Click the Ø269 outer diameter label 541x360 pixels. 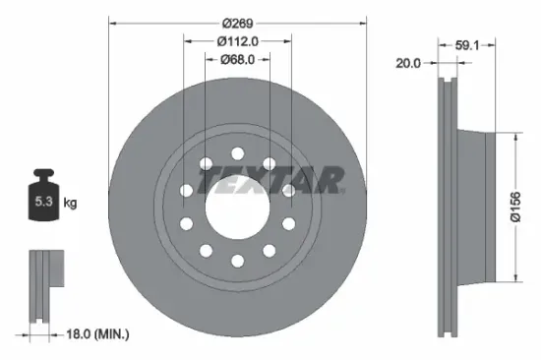click(237, 23)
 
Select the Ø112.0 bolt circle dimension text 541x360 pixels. click(237, 41)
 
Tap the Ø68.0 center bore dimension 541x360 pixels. click(237, 59)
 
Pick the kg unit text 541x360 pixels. click(70, 204)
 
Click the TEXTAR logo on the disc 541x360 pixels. click(270, 181)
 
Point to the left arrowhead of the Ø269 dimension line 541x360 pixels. click(112, 22)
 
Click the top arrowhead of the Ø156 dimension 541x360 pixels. click(512, 135)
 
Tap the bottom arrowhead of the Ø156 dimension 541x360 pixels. click(512, 282)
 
